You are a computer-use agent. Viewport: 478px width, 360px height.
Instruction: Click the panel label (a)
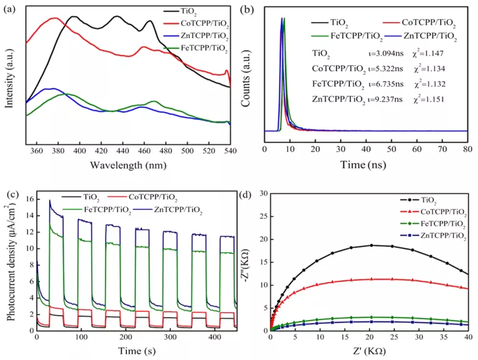point(11,9)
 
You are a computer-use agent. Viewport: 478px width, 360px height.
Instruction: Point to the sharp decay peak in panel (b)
point(283,20)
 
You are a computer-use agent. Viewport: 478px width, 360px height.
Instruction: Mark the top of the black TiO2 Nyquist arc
point(372,245)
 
